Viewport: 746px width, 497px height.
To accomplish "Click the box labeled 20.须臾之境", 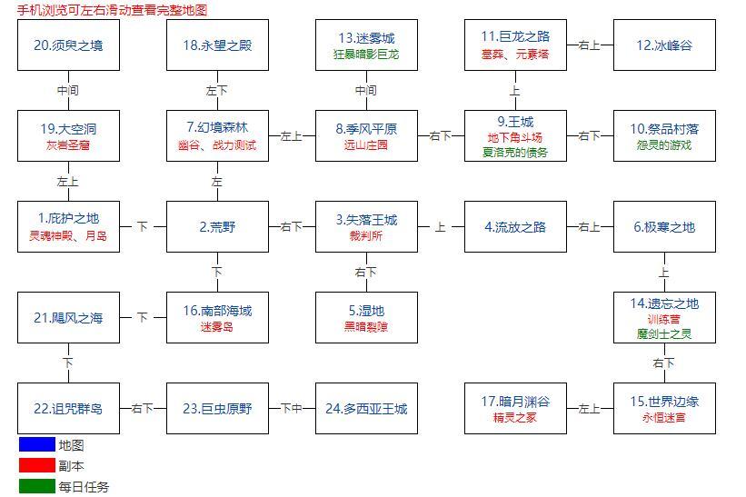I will click(x=68, y=45).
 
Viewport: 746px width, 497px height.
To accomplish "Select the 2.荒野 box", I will click(x=217, y=227).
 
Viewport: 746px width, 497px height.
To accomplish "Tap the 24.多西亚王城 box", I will click(x=366, y=409).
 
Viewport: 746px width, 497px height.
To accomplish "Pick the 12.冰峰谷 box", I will click(x=664, y=45).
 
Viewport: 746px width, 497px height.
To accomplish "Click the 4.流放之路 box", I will click(x=515, y=227).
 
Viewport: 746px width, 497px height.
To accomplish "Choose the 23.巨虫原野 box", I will click(x=217, y=409).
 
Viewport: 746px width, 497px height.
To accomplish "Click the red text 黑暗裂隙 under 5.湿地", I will click(x=366, y=326).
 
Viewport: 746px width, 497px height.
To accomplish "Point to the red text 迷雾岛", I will click(x=217, y=326).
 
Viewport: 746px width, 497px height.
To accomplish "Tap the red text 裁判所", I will click(x=366, y=235).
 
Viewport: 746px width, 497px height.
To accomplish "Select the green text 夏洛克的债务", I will click(x=515, y=153).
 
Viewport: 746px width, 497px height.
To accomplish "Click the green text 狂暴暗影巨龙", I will click(x=366, y=54).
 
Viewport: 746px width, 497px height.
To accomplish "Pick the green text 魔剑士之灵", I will click(x=664, y=333).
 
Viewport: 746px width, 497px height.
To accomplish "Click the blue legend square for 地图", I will click(x=36, y=445).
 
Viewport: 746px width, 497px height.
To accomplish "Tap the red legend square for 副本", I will click(x=36, y=466).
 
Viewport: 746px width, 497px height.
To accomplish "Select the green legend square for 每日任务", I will click(x=36, y=487).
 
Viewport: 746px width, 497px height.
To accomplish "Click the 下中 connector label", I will click(x=291, y=409).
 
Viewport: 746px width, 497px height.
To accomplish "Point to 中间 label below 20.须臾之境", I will click(x=68, y=90).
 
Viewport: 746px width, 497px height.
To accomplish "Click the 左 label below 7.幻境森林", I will click(x=217, y=182).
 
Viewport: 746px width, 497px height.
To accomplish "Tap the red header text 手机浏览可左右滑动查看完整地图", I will click(x=112, y=10).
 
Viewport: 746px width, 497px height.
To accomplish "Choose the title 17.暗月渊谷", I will click(x=515, y=401).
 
